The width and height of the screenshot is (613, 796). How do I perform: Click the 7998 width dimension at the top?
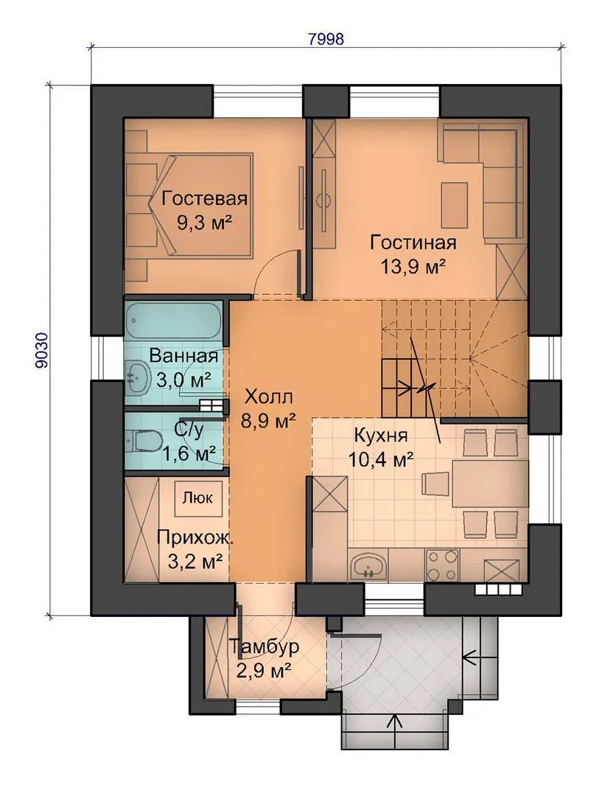(326, 38)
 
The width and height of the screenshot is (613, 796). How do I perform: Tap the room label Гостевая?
(205, 198)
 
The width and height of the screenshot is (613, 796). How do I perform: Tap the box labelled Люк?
(198, 498)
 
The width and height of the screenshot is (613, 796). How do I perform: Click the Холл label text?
(268, 396)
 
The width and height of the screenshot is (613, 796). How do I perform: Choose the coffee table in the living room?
(454, 206)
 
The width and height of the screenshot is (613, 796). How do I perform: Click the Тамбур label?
(264, 647)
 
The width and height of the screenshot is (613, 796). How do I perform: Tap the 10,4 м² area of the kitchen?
(380, 460)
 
